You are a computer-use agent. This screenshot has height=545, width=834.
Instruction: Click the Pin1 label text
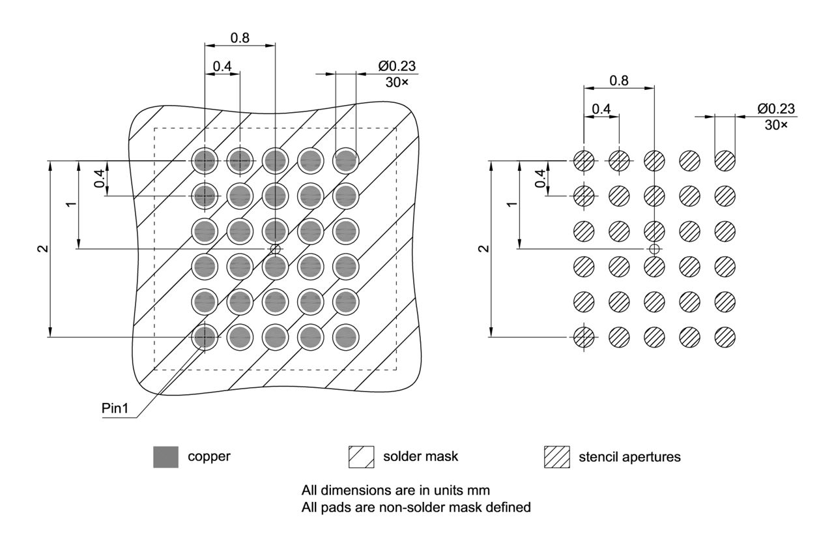click(116, 409)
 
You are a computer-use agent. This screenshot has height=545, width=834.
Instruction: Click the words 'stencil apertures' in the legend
click(629, 457)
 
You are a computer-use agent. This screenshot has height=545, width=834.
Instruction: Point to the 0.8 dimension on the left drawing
click(240, 38)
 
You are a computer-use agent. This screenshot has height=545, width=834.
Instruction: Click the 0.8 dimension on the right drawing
click(618, 80)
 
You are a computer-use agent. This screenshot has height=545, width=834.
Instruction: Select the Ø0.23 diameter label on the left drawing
click(397, 66)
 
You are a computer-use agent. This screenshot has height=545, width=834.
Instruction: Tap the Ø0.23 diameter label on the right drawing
click(776, 109)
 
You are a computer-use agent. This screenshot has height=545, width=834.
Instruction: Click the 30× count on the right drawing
click(775, 124)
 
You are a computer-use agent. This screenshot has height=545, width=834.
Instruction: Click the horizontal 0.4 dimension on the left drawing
click(222, 66)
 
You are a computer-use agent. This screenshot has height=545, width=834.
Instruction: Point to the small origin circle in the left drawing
click(276, 248)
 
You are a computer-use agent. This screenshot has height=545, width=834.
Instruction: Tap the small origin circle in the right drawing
click(654, 248)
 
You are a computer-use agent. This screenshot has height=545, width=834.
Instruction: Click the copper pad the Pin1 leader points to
click(205, 336)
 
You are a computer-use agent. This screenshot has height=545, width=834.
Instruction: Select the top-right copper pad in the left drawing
click(346, 160)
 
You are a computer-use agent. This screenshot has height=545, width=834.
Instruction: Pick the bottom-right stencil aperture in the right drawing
click(725, 336)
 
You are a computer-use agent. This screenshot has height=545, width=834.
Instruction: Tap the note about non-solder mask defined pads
click(416, 506)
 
